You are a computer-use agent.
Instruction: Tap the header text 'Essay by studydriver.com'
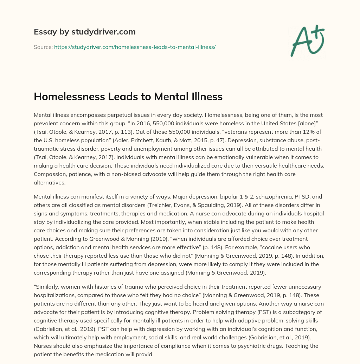coord(84,32)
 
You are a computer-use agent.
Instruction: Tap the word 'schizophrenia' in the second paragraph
coord(257,196)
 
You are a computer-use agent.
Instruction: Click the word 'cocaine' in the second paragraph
coord(250,247)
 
